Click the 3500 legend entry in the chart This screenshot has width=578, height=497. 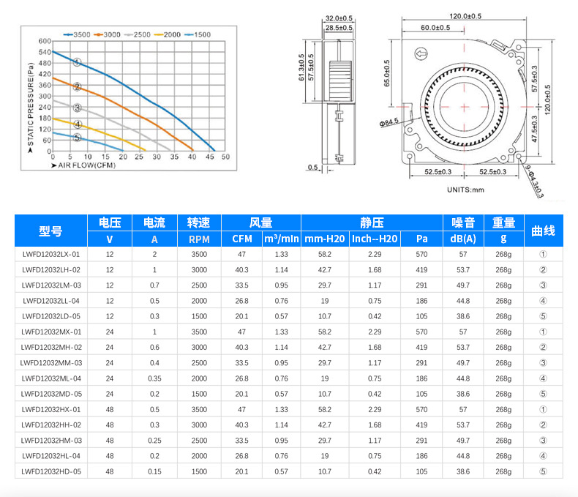[77, 34]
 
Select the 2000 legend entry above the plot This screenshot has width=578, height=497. [168, 34]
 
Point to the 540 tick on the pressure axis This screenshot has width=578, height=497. [45, 52]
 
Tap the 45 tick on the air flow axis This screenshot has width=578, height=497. [210, 157]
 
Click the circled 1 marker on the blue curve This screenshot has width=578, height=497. [77, 62]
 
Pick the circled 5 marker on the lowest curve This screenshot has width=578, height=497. [77, 138]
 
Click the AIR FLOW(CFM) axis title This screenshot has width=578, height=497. [83, 165]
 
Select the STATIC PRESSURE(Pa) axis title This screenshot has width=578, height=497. [30, 108]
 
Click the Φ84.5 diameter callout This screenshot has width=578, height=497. [389, 122]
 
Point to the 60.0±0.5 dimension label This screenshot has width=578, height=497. [435, 28]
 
